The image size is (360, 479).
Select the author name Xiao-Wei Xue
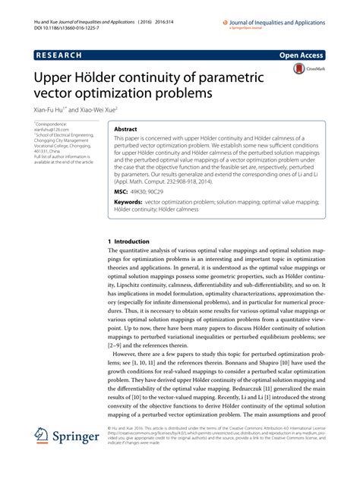tap(99, 110)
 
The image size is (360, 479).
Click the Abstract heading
tap(125, 130)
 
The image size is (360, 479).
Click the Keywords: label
tap(128, 204)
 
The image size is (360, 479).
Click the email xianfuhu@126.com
tap(50, 129)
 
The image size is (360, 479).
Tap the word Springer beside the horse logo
tap(80, 438)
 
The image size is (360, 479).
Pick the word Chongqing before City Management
tap(47, 140)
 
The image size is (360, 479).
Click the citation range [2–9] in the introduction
tap(120, 344)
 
